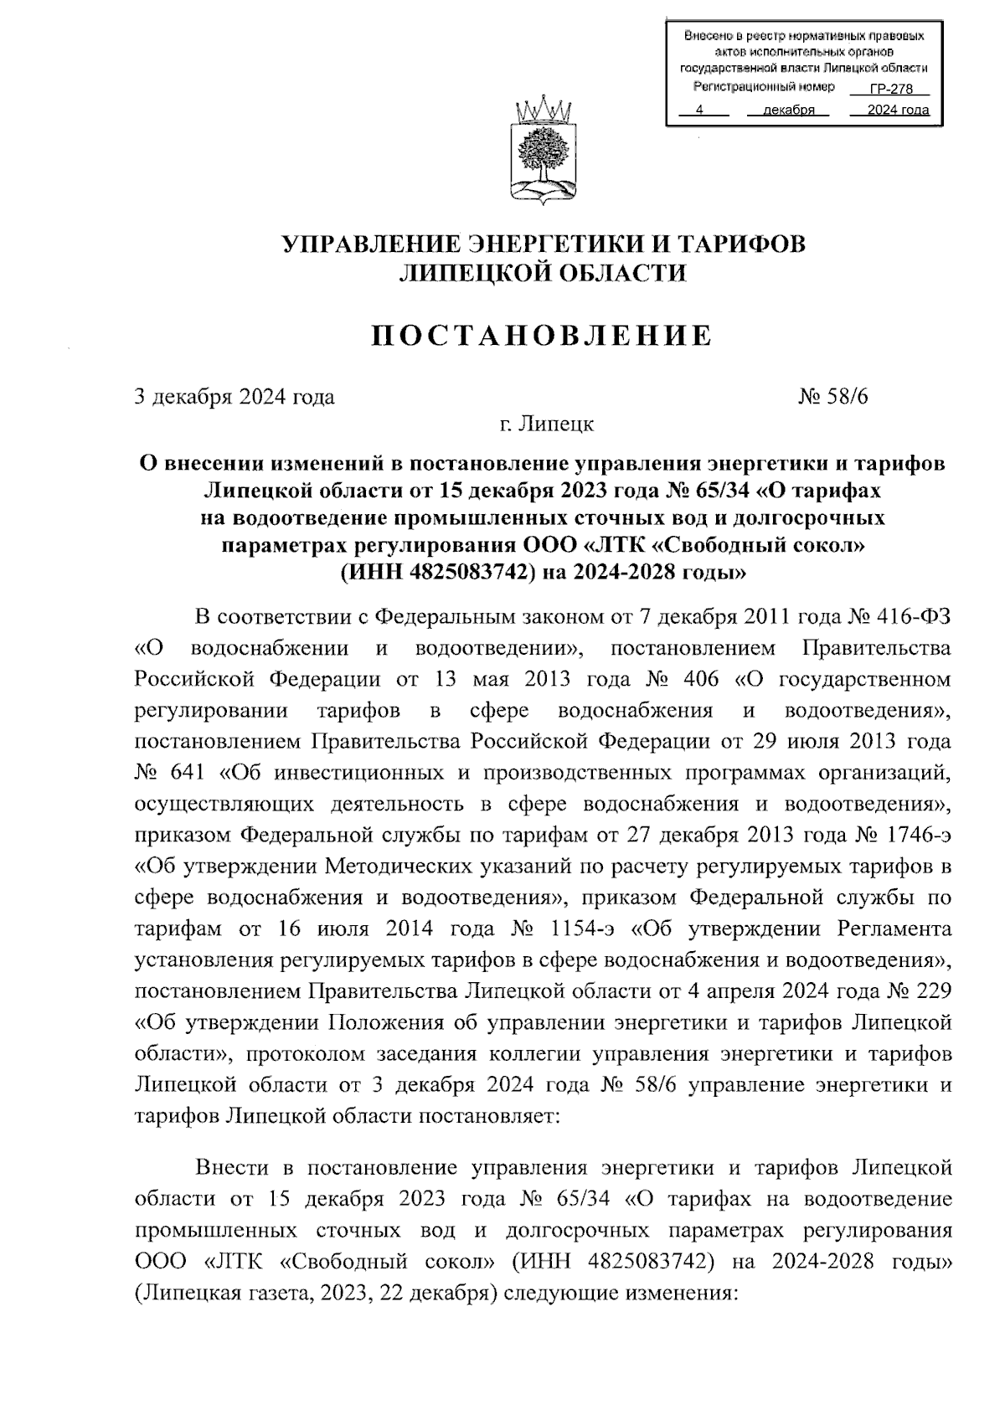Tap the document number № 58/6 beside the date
pos(833,397)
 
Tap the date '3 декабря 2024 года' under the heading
pos(235,397)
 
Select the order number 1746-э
pos(915,835)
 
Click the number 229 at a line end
pos(934,991)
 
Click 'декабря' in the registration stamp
pos(789,111)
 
